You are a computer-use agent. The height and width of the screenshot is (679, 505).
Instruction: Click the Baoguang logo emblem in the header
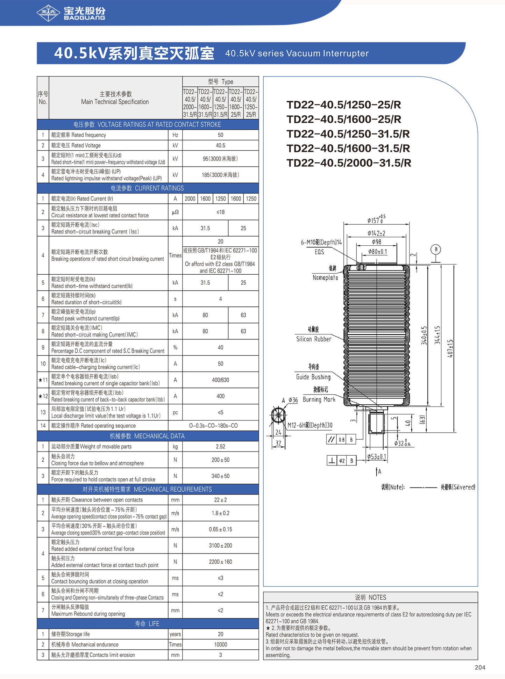48,13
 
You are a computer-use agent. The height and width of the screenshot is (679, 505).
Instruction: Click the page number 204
480,667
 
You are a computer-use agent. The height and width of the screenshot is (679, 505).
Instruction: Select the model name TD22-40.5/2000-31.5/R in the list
349,163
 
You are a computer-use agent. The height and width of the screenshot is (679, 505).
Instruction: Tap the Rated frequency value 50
220,135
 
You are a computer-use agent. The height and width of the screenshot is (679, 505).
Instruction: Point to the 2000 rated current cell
190,198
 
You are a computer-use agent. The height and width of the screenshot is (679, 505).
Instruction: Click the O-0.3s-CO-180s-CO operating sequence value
213,426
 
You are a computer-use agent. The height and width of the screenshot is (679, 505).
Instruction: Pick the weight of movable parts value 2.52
220,446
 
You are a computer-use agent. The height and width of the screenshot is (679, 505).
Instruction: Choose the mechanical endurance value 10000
220,644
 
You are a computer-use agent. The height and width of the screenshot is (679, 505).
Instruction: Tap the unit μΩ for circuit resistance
175,212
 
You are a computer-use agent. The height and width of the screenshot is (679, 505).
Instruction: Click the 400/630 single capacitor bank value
220,380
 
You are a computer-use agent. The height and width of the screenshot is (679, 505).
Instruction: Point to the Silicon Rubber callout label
314,339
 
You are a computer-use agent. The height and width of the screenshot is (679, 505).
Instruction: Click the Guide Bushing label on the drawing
313,377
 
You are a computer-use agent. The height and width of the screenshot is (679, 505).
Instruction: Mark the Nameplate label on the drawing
325,277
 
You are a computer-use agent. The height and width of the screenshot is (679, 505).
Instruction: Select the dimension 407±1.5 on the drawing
450,348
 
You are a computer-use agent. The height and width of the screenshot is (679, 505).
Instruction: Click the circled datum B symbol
436,250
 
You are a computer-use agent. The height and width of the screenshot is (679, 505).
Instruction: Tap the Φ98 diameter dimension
377,242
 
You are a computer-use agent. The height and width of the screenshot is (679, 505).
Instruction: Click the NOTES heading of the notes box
370,597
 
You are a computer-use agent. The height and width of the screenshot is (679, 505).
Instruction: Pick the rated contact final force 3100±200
220,546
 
